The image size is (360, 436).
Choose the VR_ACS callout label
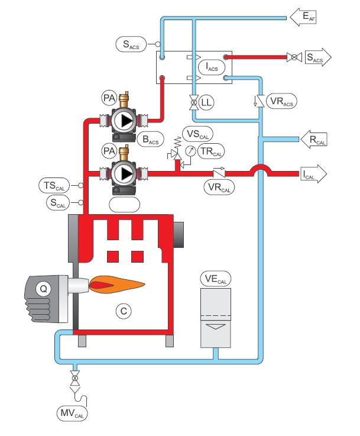coord(281,102)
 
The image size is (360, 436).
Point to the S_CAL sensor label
coord(57,202)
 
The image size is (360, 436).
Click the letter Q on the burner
coord(42,289)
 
